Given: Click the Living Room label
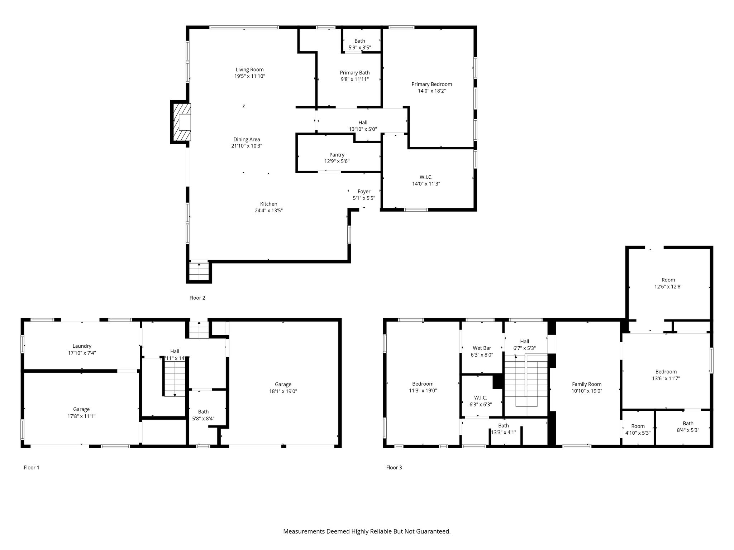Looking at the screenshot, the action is tap(249, 69).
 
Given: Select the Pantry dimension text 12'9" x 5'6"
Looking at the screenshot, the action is tap(337, 161).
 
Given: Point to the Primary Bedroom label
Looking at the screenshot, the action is tap(432, 84).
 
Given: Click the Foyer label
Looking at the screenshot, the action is tap(364, 192).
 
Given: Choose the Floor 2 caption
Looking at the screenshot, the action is tap(197, 298).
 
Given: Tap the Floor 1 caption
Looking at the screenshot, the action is tap(32, 467).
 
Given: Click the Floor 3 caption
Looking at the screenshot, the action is tap(394, 467).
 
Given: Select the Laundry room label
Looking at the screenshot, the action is tap(82, 346).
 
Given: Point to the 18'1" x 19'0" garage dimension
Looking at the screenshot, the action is tap(283, 391).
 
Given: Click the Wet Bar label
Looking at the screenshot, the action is tap(482, 348).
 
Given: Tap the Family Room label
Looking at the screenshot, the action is tap(587, 384).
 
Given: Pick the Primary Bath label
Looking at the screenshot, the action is tap(355, 73).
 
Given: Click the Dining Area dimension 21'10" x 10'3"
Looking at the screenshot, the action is tap(247, 146).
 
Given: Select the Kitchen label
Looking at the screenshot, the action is tap(269, 204).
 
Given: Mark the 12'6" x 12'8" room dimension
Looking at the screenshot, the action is tap(668, 286).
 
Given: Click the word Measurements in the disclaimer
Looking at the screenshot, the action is tap(304, 531).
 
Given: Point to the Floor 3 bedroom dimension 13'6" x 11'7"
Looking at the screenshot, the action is tap(666, 378).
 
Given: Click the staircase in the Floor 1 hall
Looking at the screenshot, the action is tap(175, 377).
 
